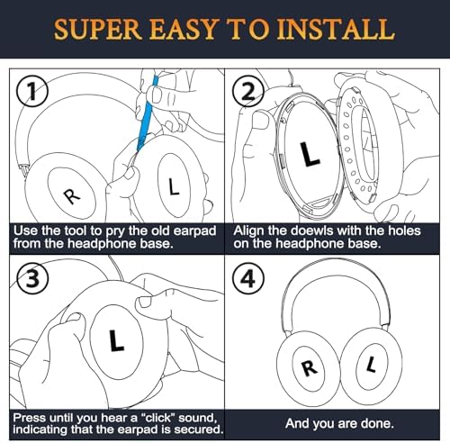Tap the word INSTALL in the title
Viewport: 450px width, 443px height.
336,29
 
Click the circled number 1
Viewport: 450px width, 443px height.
32,92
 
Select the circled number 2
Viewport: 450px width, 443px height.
248,92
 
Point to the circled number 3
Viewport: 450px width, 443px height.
32,279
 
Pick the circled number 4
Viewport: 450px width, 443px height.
248,279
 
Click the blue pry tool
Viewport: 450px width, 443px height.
147,113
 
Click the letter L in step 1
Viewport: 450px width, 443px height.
174,186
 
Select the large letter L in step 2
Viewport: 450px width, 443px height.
310,154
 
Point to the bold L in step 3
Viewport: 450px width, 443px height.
115,340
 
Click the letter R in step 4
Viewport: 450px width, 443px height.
310,367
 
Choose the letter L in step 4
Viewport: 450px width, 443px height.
372,364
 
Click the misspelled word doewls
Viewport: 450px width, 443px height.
311,231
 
